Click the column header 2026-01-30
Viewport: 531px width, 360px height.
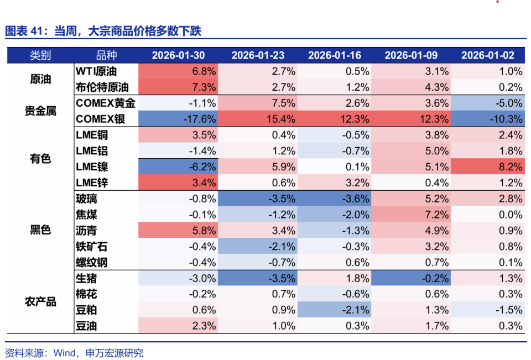(178, 55)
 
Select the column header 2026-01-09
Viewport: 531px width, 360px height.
(411, 55)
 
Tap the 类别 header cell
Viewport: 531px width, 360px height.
(40, 55)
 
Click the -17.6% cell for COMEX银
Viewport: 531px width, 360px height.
(178, 119)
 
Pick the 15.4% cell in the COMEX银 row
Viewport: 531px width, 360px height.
(257, 119)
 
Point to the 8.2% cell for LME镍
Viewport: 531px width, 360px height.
(487, 166)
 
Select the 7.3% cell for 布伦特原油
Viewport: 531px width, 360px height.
(178, 87)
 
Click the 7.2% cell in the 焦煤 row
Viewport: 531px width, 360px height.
(411, 215)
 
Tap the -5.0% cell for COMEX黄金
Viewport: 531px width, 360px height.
(487, 103)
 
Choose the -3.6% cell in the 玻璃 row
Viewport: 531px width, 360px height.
(334, 199)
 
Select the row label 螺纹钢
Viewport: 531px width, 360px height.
(92, 262)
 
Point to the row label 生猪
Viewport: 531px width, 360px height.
(86, 278)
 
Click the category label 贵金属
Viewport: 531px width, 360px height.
(40, 111)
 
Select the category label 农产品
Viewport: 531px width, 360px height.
(40, 301)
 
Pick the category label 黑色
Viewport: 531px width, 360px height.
(40, 230)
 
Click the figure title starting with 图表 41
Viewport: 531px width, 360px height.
(103, 31)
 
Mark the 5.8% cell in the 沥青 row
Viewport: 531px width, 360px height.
(178, 230)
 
